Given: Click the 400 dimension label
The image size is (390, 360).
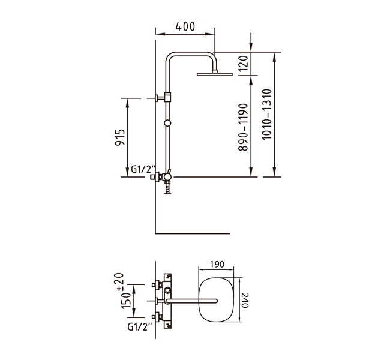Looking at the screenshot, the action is [185, 26].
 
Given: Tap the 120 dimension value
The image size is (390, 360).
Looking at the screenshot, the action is [243, 63].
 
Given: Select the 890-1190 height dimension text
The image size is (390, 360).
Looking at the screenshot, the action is [243, 127].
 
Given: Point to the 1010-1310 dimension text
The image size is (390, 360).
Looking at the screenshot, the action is [267, 114].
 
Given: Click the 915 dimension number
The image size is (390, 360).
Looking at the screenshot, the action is [119, 137].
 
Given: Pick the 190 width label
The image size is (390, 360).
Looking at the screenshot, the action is [217, 264].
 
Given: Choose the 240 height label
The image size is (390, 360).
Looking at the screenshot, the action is [245, 300].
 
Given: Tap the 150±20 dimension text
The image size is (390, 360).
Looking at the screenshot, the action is [126, 291].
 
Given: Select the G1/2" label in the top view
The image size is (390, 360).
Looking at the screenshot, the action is [140, 327].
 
